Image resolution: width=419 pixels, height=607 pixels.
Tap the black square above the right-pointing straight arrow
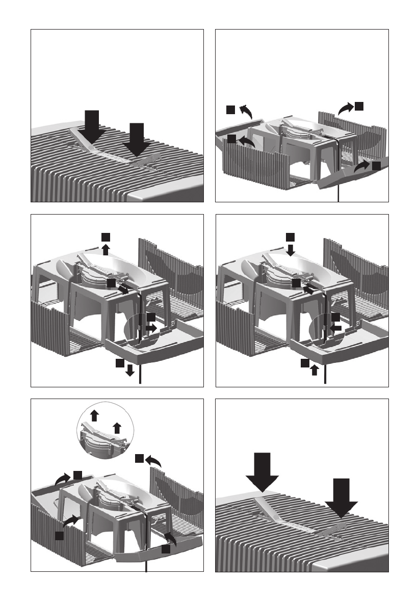click(151, 318)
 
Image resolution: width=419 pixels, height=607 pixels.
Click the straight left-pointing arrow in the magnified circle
click(335, 328)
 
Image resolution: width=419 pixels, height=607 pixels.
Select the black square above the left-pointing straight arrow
click(335, 318)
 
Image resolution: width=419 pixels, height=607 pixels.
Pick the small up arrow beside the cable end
click(314, 371)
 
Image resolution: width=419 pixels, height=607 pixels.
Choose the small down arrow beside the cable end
click(130, 371)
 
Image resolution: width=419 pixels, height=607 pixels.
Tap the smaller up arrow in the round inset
click(117, 427)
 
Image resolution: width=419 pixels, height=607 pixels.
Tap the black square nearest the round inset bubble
click(139, 459)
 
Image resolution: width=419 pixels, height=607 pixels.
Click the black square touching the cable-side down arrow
click(119, 363)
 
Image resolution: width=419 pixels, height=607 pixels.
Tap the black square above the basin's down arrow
click(290, 237)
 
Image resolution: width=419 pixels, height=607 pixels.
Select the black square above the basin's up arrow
click(106, 237)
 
